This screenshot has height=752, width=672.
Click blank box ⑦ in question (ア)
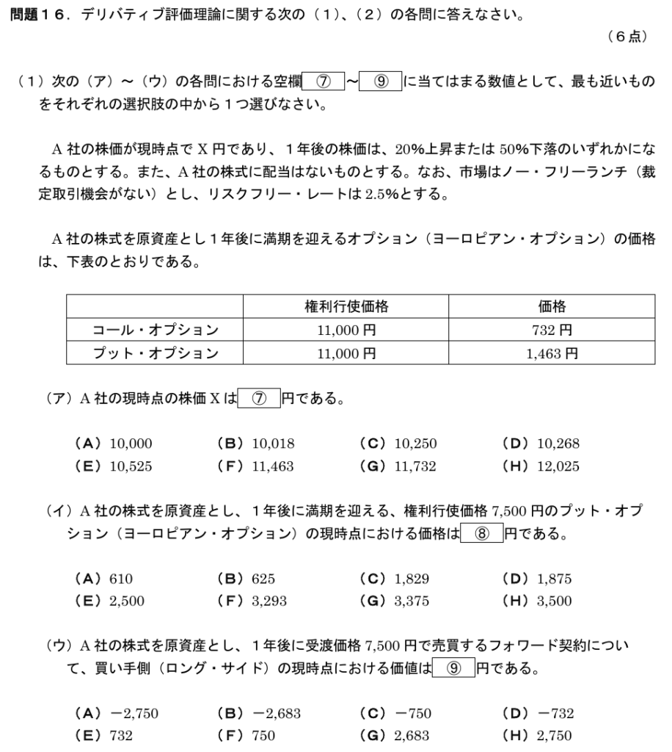[x=260, y=399]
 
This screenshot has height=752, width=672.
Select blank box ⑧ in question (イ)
[x=483, y=534]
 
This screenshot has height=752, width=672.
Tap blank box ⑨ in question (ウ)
[x=454, y=669]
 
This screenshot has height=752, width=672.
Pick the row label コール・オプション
[x=155, y=330]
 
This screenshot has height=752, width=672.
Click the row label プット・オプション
[x=155, y=353]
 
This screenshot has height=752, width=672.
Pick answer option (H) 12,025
[x=540, y=466]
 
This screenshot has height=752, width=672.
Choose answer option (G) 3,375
[x=397, y=601]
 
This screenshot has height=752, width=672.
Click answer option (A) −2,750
[x=117, y=714]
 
